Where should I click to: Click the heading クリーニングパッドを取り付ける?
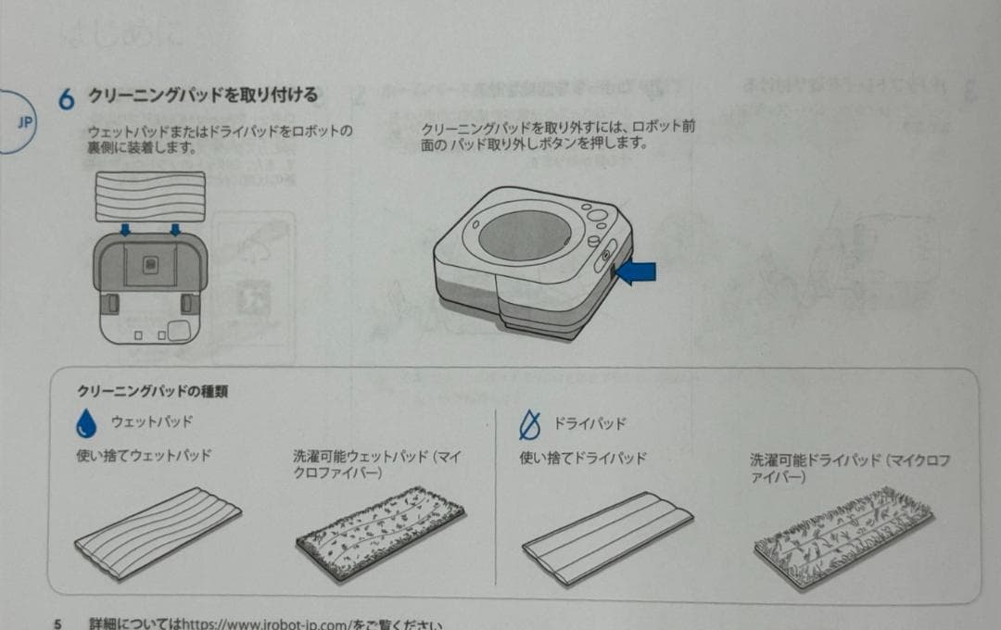(202, 95)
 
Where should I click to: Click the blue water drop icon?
(86, 424)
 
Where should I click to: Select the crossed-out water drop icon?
(528, 426)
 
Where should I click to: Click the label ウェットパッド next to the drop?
(152, 422)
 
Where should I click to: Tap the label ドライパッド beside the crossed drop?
(590, 424)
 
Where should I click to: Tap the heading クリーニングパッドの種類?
(152, 392)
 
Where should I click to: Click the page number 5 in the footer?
(57, 624)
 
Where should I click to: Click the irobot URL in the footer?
(279, 624)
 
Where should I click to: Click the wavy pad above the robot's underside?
(149, 197)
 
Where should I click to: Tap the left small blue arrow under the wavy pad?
(126, 229)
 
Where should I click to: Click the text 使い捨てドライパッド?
(582, 459)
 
